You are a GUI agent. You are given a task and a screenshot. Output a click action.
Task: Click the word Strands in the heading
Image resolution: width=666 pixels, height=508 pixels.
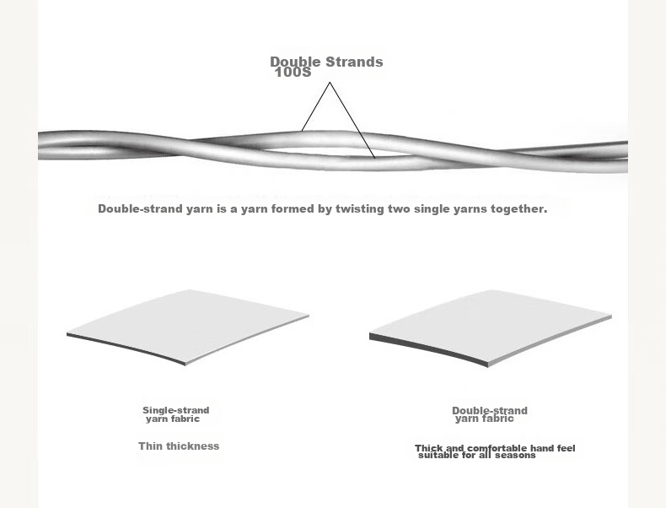(354, 62)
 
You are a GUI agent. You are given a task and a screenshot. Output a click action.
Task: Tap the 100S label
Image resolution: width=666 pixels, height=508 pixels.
(293, 73)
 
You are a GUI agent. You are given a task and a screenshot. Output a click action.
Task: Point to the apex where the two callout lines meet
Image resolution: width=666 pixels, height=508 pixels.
(330, 83)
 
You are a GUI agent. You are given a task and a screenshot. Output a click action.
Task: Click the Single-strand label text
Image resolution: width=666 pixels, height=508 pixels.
(176, 410)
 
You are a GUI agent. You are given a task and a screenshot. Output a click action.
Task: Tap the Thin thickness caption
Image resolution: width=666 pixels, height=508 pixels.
(179, 446)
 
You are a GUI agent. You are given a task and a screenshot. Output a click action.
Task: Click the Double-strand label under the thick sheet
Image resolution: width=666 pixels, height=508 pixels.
(490, 411)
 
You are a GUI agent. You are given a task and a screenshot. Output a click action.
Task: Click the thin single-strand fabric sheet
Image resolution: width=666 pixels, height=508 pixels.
(187, 325)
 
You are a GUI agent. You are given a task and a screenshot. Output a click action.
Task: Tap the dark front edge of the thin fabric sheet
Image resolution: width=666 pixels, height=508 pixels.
(126, 348)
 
